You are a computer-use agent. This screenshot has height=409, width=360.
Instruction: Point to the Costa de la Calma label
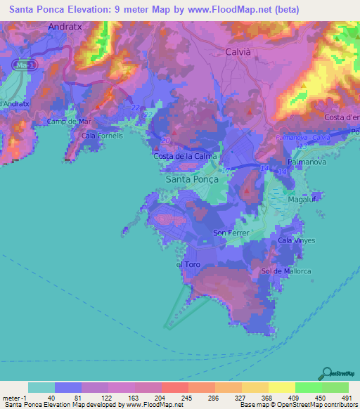[x=186, y=156]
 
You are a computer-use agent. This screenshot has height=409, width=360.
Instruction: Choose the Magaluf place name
[x=302, y=200]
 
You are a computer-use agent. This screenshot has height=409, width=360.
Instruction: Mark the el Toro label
[x=188, y=265]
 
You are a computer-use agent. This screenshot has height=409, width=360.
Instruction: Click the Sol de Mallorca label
[x=285, y=271]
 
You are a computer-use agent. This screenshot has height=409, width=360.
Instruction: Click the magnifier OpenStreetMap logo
[x=326, y=373]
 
